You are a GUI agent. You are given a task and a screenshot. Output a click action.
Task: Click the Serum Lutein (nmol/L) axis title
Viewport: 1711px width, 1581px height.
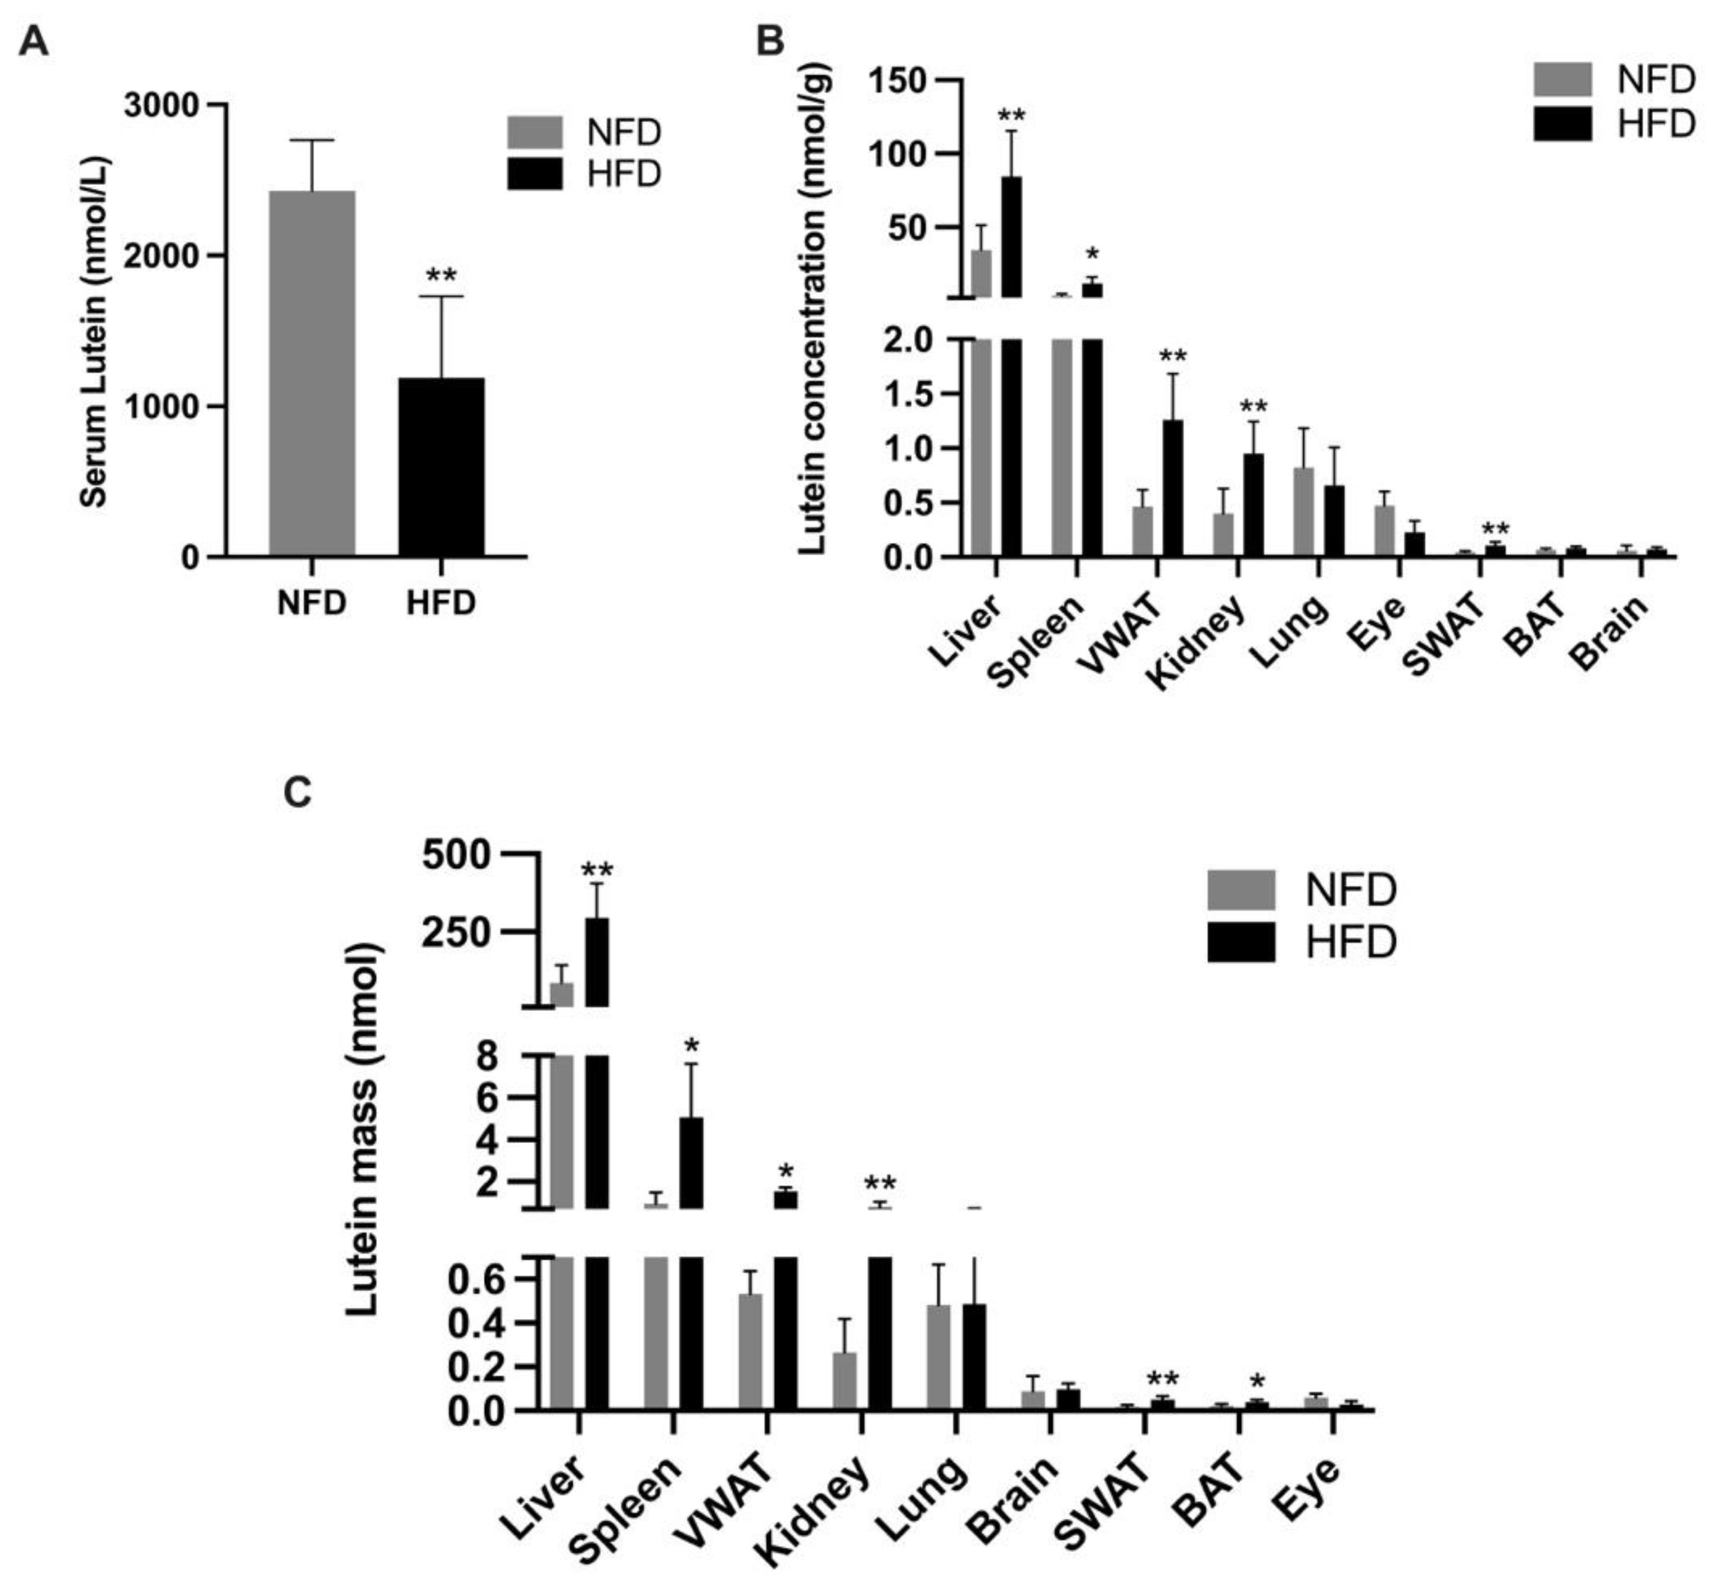click(94, 332)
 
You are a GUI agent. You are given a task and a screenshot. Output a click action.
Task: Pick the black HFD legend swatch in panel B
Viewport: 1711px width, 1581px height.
click(1561, 124)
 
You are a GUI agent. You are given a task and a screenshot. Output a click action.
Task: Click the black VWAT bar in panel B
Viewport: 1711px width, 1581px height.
click(1172, 488)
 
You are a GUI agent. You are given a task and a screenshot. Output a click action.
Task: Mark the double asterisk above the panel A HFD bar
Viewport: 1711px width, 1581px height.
click(442, 276)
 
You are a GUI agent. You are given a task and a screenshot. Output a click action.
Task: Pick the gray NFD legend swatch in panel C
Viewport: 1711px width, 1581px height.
click(1240, 889)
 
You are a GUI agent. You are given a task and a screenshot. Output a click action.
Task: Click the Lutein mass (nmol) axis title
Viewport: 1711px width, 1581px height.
click(363, 1129)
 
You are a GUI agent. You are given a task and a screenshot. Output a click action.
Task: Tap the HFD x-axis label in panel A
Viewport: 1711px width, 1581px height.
click(440, 603)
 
